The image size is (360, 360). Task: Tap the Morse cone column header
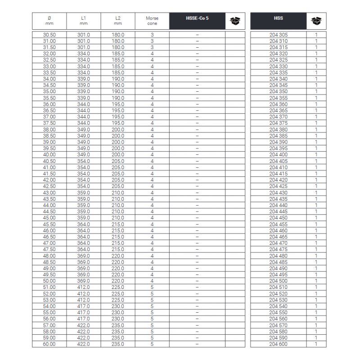152,21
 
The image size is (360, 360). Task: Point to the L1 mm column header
83,21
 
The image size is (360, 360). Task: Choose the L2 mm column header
117,21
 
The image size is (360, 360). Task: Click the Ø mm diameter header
49,21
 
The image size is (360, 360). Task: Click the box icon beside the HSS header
316,21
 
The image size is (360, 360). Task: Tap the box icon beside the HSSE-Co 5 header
235,21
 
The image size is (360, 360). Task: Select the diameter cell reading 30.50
49,35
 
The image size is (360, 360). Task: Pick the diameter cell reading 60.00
49,344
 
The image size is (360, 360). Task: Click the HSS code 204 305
278,35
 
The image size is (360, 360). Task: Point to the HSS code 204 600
278,344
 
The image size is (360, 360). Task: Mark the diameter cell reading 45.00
49,218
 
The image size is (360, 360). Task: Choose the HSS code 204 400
278,155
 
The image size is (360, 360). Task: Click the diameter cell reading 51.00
49,287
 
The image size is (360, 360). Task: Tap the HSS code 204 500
278,281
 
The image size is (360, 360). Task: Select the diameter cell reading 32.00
49,54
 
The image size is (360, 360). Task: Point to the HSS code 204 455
278,224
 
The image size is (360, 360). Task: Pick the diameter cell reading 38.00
49,130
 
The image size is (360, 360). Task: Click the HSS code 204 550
278,312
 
